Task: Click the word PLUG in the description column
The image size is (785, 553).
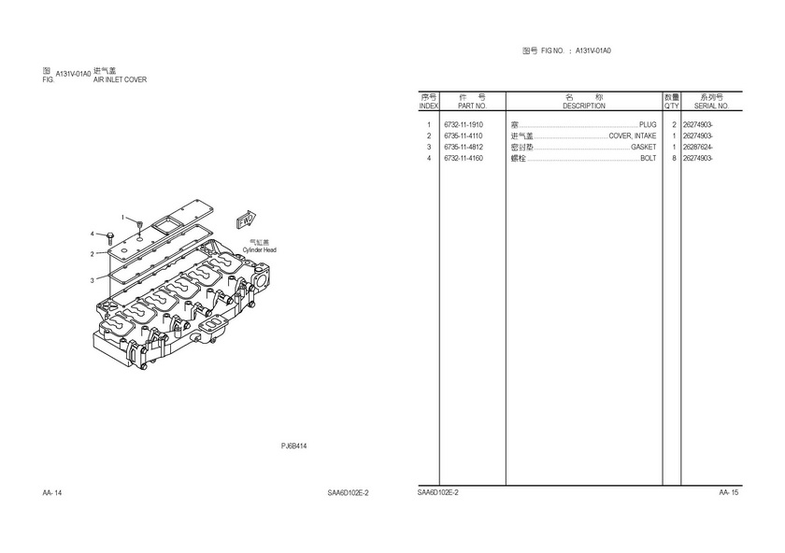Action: pos(648,124)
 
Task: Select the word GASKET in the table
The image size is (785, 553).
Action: pos(643,147)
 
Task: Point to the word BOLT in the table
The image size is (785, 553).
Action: pos(648,158)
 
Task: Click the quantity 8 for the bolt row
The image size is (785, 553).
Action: pos(673,158)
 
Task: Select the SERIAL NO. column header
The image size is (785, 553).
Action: pos(710,106)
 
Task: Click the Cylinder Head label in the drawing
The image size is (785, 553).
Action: pos(260,250)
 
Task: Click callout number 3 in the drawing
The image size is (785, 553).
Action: pos(93,279)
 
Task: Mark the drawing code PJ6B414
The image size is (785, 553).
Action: pos(294,446)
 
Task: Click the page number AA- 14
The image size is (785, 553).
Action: pos(52,492)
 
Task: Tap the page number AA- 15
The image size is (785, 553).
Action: pos(729,492)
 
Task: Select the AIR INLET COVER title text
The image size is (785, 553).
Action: pos(120,79)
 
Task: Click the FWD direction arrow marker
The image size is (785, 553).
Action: pos(246,220)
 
